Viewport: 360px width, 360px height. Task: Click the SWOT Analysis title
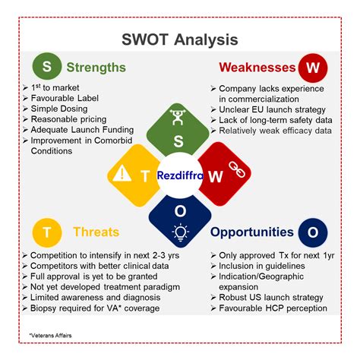coord(180,39)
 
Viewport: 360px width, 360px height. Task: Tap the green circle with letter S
coord(47,67)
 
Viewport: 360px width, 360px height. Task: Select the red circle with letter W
coord(313,67)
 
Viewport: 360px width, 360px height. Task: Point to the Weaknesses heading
coord(257,67)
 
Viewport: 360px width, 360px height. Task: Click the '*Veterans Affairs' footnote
coord(51,335)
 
